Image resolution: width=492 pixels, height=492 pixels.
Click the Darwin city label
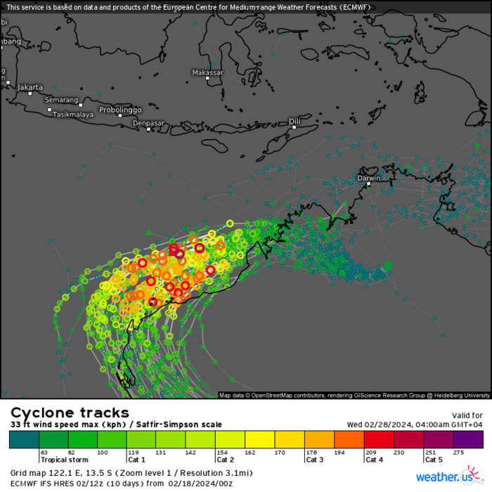[370, 178]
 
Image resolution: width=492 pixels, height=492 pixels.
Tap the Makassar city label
[207, 72]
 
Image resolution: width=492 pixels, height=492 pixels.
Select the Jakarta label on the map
[30, 87]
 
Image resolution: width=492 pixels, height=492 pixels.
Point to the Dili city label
[295, 122]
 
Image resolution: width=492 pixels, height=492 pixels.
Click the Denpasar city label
[148, 123]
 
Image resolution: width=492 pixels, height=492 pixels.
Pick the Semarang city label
[61, 100]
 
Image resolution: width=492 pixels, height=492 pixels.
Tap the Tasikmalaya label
[74, 114]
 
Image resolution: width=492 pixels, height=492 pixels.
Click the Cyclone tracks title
[70, 413]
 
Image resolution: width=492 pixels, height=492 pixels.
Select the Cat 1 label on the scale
[136, 460]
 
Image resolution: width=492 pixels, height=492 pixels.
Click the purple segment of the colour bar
[468, 440]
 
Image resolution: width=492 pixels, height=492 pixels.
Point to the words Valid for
[467, 415]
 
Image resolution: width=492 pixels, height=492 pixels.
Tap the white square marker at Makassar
[208, 78]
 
